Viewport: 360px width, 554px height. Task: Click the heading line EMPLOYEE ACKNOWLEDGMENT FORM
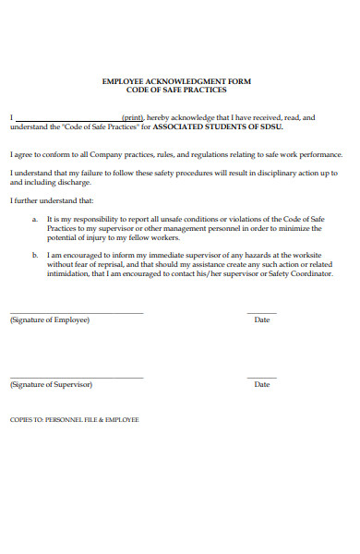(x=175, y=81)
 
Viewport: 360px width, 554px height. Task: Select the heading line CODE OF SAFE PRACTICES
(x=175, y=90)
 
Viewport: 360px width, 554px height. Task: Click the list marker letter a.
(x=34, y=219)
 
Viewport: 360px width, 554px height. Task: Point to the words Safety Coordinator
(x=301, y=274)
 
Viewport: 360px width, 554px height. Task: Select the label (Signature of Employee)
(x=50, y=319)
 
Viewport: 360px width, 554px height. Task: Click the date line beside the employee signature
(x=262, y=314)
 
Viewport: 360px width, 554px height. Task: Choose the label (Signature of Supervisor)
(x=51, y=384)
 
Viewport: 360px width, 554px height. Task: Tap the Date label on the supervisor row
(x=262, y=384)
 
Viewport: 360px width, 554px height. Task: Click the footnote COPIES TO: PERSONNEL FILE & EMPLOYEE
(x=74, y=419)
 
